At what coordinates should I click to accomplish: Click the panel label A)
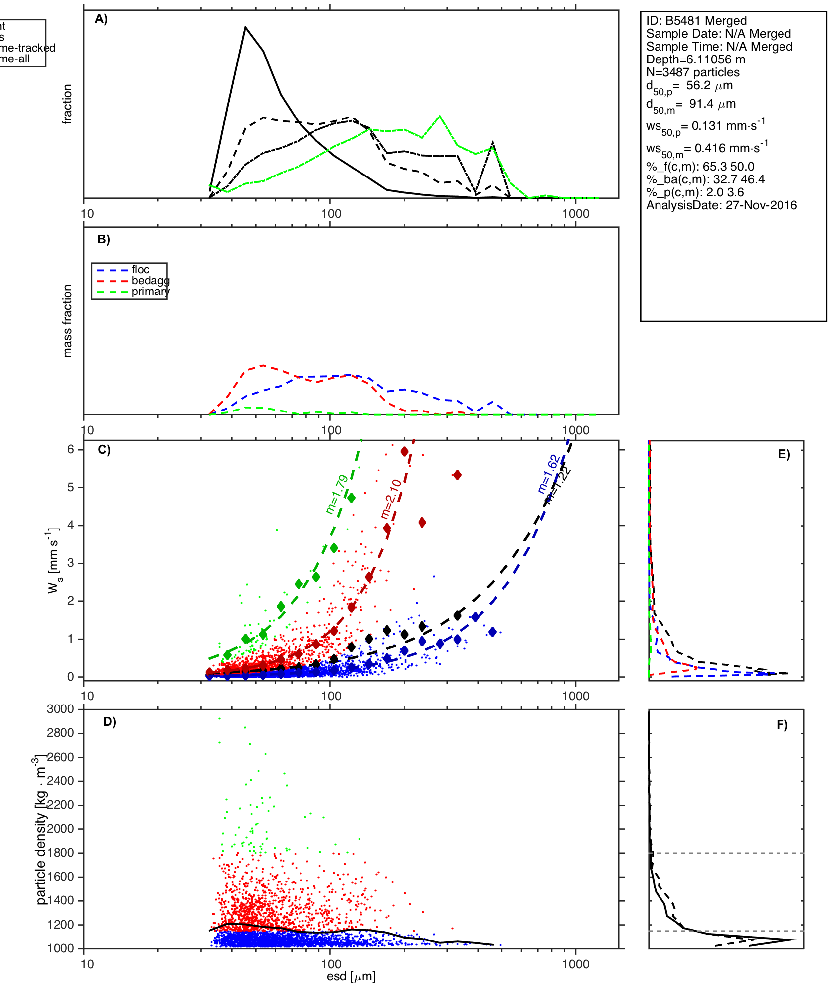(x=101, y=19)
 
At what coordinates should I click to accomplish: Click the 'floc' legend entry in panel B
(x=140, y=270)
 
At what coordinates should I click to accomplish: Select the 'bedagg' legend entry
(x=150, y=281)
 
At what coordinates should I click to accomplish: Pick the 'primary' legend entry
(x=150, y=292)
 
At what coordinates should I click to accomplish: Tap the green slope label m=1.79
(x=337, y=494)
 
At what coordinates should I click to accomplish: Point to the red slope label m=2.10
(x=391, y=499)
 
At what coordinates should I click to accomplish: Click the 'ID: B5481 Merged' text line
(x=696, y=21)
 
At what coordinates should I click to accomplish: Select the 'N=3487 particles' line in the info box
(x=693, y=72)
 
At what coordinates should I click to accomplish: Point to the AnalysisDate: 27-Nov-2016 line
(x=721, y=205)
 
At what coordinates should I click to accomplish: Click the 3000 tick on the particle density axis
(x=60, y=709)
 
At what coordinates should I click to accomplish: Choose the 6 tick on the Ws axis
(x=71, y=449)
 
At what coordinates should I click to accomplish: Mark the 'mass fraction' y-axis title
(x=68, y=321)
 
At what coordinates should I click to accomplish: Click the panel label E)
(x=784, y=454)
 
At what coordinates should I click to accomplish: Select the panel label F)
(x=782, y=725)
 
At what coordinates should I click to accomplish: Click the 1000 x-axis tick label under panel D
(x=576, y=964)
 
